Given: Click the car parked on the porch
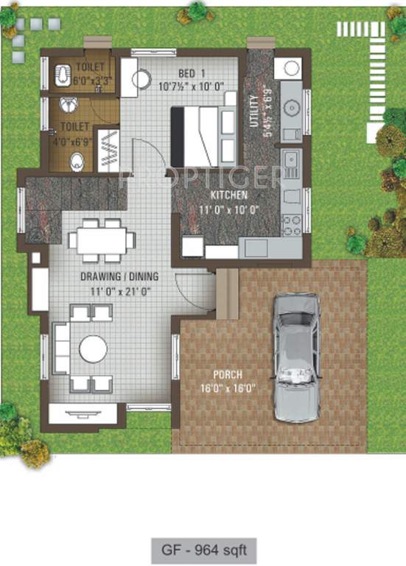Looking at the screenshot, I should point(296,357).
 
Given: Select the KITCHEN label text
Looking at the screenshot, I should point(229,195).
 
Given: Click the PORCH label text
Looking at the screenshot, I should point(228,374).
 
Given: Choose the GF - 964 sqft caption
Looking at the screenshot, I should point(203,548).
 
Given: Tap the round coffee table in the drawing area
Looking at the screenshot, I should point(94,349).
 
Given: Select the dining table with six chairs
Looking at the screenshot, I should point(102,240).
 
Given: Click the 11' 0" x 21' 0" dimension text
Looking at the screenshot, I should point(120,290).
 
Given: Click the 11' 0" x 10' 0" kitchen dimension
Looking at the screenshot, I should point(229,209).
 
